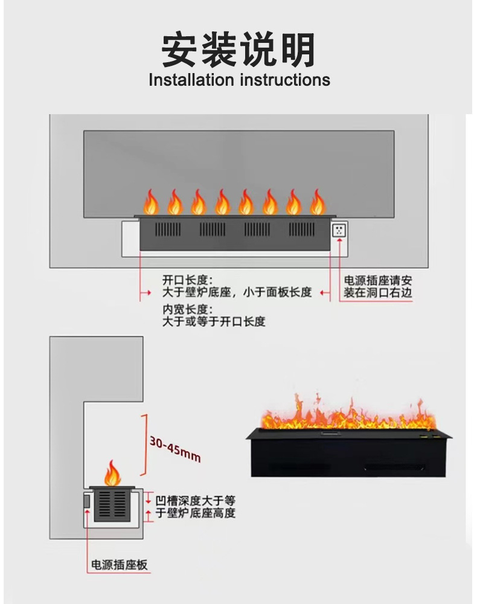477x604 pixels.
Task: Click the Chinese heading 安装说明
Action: (x=238, y=50)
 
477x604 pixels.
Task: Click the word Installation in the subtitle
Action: (x=191, y=80)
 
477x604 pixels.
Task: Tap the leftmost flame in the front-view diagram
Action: (x=151, y=202)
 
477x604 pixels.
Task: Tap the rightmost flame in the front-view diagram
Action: (x=318, y=202)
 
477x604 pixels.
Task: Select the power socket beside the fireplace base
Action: (x=339, y=230)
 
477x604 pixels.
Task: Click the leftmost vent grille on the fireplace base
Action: (x=168, y=230)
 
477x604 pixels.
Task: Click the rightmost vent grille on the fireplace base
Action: (x=302, y=230)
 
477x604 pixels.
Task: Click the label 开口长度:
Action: (x=188, y=280)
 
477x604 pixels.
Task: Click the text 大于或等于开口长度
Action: (x=214, y=321)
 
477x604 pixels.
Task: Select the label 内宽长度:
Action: (x=188, y=309)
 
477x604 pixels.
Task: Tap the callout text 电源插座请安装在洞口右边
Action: (x=377, y=286)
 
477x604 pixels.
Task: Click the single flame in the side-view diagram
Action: (x=112, y=473)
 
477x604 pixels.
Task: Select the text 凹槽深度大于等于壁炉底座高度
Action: (x=195, y=507)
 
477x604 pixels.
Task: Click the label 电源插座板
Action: (x=120, y=565)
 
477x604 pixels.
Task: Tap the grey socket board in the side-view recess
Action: (x=86, y=501)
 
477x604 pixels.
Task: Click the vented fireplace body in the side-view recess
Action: (x=113, y=504)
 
